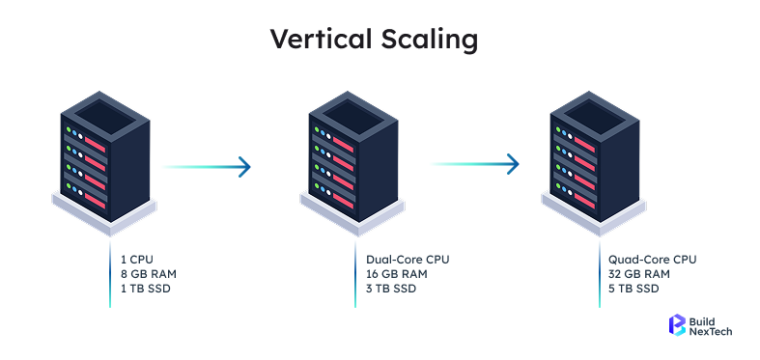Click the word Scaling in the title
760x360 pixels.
click(x=431, y=40)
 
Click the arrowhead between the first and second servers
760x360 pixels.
click(x=243, y=166)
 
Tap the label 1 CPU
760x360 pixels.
click(x=138, y=260)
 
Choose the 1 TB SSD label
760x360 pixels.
click(x=144, y=289)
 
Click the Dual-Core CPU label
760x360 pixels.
click(x=408, y=260)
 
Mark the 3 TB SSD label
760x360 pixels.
click(x=390, y=289)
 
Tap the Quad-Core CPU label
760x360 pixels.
click(x=652, y=260)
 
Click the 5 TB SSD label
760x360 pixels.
click(x=633, y=289)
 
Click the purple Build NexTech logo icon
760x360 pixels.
click(x=676, y=326)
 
